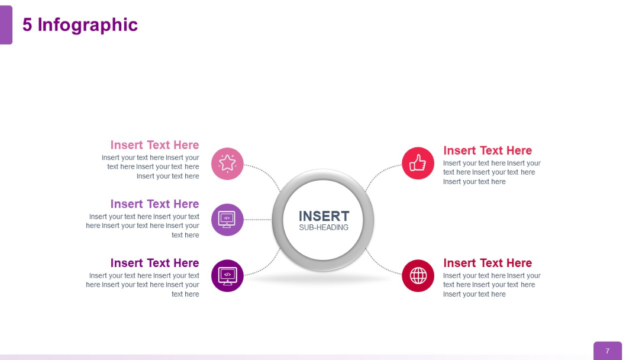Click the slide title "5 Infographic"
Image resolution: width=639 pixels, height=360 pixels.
80,25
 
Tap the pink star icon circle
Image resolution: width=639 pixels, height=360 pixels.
227,163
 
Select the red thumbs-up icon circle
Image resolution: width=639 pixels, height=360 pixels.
418,163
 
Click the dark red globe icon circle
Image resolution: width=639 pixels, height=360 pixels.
418,276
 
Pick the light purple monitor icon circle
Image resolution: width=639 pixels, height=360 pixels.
227,220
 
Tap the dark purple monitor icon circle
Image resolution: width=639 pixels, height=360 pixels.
227,276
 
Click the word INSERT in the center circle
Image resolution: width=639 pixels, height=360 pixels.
324,216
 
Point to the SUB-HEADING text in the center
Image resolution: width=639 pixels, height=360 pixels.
324,227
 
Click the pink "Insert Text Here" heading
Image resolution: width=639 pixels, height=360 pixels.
154,145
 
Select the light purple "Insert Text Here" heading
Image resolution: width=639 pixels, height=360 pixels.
154,204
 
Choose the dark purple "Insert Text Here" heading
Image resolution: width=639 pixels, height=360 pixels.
154,263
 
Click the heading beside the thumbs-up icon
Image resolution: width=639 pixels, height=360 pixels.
488,150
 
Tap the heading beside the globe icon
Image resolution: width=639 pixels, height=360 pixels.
488,263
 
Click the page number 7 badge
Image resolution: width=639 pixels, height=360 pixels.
607,351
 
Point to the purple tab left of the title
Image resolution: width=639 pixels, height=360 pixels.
6,25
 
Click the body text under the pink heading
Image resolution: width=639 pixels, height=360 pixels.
151,167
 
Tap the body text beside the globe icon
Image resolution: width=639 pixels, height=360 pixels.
491,285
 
